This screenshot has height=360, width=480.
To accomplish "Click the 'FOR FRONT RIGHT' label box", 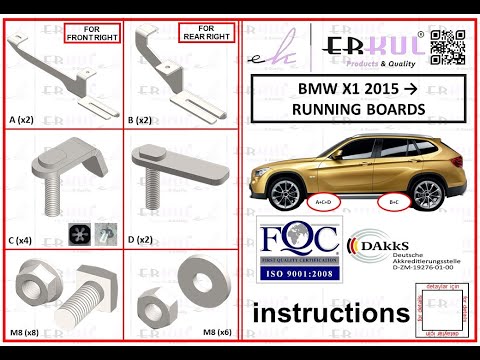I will [92, 34].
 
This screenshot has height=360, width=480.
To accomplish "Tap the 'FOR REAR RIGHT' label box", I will [207, 34].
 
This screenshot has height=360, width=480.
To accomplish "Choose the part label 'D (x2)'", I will [143, 240].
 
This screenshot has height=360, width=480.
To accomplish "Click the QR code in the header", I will [454, 49].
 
